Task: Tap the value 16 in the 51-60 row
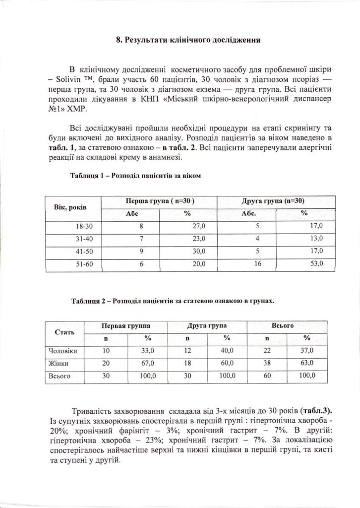pyautogui.click(x=258, y=264)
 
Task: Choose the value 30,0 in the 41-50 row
pyautogui.click(x=199, y=251)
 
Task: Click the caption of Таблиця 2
pyautogui.click(x=172, y=301)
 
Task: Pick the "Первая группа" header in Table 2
pyautogui.click(x=126, y=326)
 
